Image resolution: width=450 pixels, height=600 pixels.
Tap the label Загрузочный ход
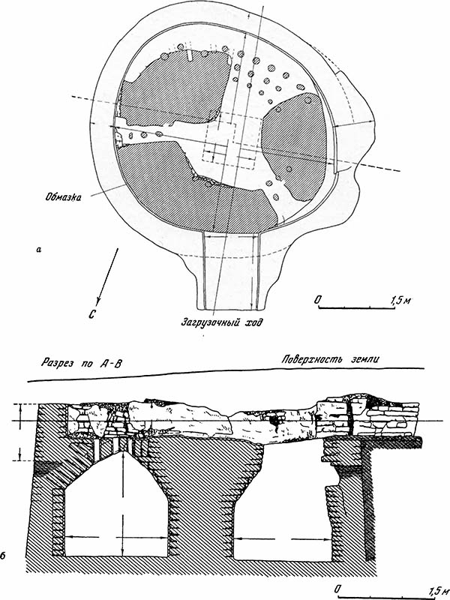(x=222, y=322)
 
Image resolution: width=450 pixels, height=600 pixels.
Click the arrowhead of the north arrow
(x=99, y=301)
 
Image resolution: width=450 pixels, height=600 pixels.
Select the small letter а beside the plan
(x=37, y=250)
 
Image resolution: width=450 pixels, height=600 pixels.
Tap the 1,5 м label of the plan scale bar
(x=400, y=301)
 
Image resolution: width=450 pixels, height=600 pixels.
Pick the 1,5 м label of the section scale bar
(x=439, y=589)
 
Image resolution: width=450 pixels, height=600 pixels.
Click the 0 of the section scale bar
(x=337, y=589)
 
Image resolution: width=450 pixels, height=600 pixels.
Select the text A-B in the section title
(x=110, y=363)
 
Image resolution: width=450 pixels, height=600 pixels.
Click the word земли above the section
(x=366, y=360)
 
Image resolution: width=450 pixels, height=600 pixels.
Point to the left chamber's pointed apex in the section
(x=122, y=451)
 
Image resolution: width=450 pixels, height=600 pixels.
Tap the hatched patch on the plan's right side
(x=294, y=146)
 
